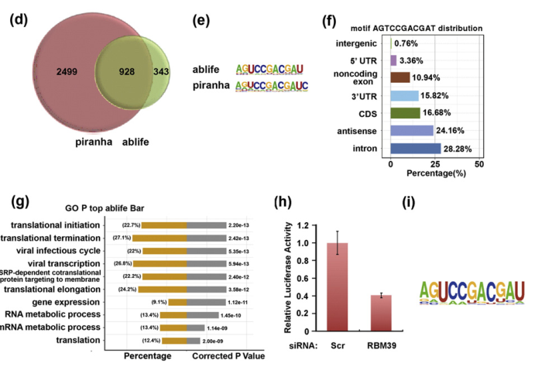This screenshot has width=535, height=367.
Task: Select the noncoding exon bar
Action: (400, 77)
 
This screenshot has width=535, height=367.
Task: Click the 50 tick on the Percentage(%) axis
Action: (479, 165)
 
